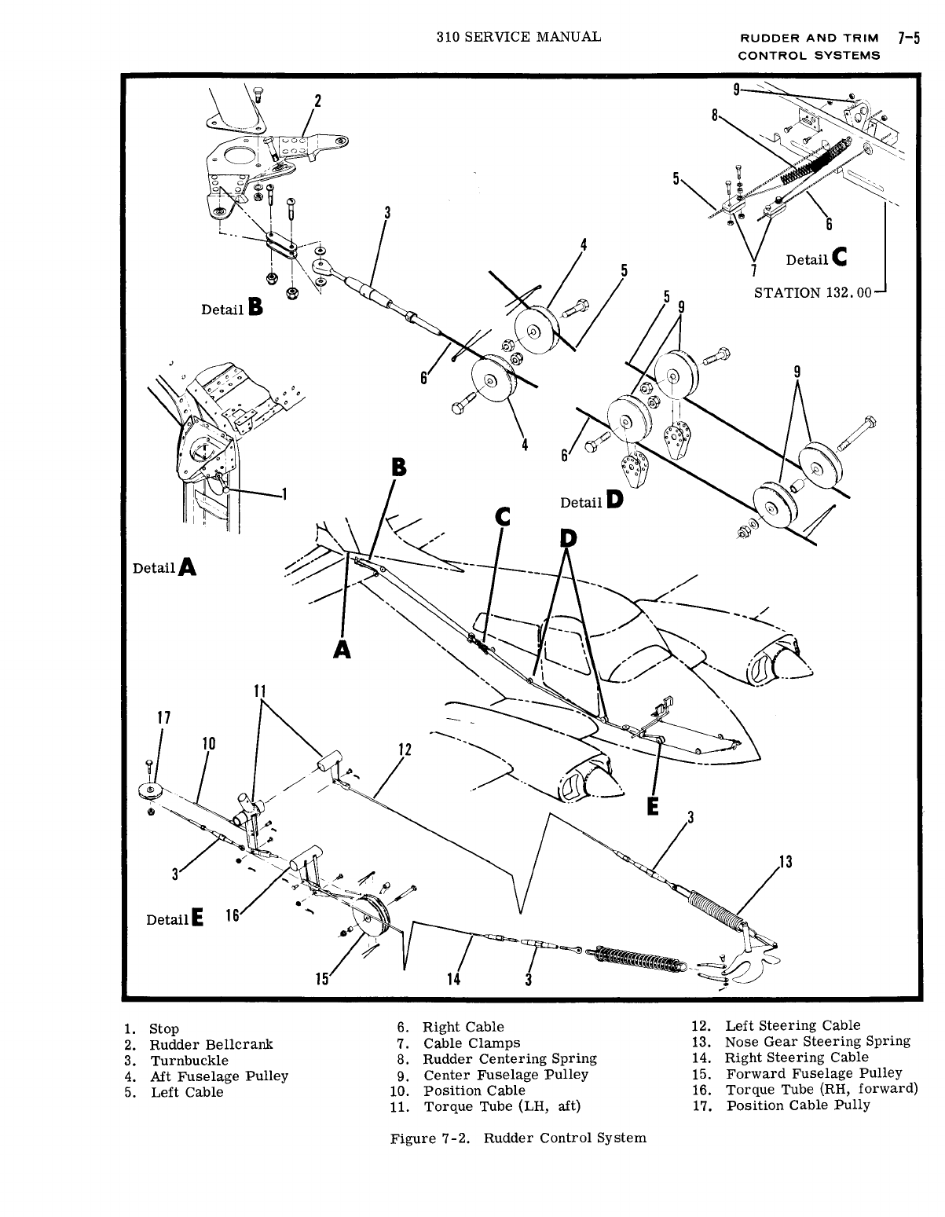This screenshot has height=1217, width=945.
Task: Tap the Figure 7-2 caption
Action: pyautogui.click(x=518, y=1138)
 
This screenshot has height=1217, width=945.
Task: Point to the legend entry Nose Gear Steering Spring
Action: pyautogui.click(x=817, y=1041)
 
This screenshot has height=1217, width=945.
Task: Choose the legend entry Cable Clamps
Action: pyautogui.click(x=471, y=1043)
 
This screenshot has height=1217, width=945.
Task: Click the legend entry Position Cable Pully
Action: pyautogui.click(x=798, y=1105)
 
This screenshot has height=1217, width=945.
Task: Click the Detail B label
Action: pyautogui.click(x=232, y=308)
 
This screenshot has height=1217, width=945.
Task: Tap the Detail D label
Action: pyautogui.click(x=592, y=500)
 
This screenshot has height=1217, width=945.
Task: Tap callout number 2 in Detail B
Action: pyautogui.click(x=317, y=101)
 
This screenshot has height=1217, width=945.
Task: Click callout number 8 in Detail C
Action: pyautogui.click(x=715, y=115)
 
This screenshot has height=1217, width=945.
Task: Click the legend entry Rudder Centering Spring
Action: pyautogui.click(x=510, y=1059)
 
